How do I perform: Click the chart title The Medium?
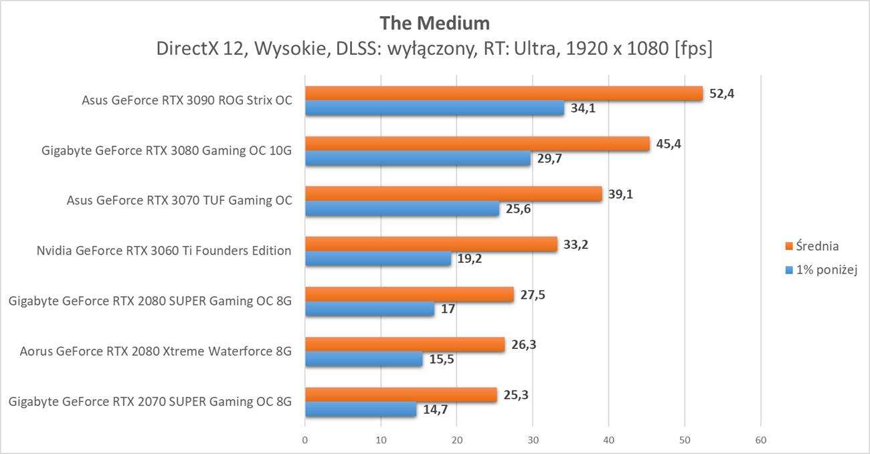pyautogui.click(x=434, y=23)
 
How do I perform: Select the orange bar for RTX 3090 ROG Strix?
pyautogui.click(x=503, y=94)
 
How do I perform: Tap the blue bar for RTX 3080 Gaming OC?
pyautogui.click(x=418, y=159)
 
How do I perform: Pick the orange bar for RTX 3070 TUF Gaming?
pyautogui.click(x=453, y=194)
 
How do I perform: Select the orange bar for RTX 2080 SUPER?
pyautogui.click(x=409, y=294)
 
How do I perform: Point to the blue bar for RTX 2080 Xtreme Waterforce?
pyautogui.click(x=363, y=360)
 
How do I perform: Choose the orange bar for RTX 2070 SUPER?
pyautogui.click(x=401, y=395)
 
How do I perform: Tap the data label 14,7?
pyautogui.click(x=435, y=410)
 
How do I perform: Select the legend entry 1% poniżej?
pyautogui.click(x=826, y=269)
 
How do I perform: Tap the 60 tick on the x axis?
pyautogui.click(x=760, y=440)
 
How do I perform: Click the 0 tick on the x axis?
pyautogui.click(x=305, y=440)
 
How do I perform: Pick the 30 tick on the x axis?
pyautogui.click(x=533, y=440)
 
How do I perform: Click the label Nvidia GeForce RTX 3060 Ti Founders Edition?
pyautogui.click(x=164, y=251)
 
